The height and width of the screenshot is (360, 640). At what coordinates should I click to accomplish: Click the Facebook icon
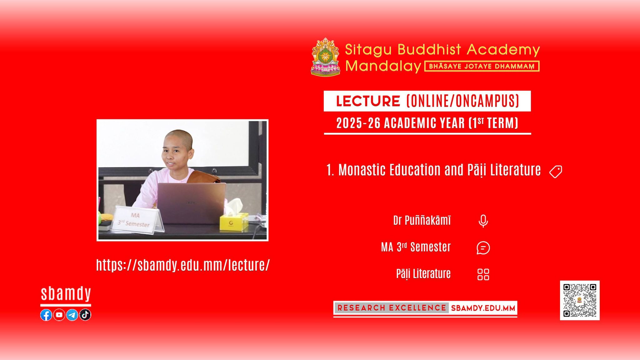tap(46, 315)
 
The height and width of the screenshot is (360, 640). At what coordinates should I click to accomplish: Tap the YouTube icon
tap(59, 315)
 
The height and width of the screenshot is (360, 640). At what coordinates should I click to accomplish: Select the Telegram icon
tap(72, 315)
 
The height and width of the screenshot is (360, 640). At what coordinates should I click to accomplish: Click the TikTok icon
tap(85, 314)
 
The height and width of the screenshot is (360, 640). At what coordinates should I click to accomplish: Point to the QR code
tap(580, 300)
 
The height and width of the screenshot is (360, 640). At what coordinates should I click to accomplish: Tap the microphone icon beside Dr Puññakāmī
tap(483, 221)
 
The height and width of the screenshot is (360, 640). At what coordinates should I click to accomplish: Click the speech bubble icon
tap(483, 248)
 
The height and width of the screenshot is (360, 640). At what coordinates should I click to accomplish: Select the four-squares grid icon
tap(483, 275)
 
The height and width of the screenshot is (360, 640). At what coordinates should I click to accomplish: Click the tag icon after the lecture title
tap(556, 172)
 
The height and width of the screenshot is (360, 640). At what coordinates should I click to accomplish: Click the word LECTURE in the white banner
tap(368, 101)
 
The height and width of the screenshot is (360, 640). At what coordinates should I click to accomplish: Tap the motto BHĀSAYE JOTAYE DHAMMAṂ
tap(482, 66)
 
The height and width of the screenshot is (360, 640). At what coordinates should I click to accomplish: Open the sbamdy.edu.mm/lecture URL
tap(183, 265)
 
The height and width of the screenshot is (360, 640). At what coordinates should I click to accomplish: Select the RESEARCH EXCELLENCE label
tap(392, 308)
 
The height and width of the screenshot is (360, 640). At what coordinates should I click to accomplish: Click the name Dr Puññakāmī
tap(422, 220)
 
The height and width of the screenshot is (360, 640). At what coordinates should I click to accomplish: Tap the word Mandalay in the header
tap(383, 66)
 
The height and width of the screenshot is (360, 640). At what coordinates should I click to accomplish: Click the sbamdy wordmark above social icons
tap(66, 294)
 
